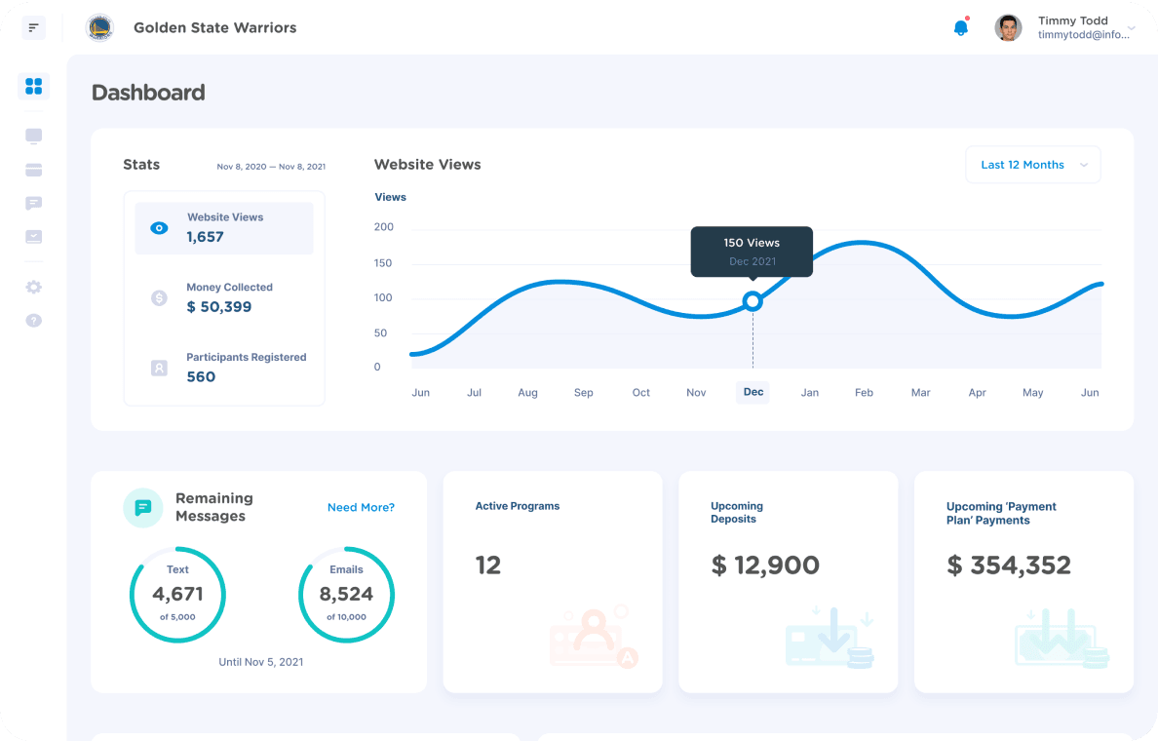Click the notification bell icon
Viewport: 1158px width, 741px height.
click(960, 27)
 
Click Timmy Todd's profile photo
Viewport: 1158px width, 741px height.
click(1008, 27)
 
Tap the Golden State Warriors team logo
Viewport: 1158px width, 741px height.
click(99, 27)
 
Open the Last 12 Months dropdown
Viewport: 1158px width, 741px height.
click(1032, 165)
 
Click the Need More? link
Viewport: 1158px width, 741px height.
click(361, 507)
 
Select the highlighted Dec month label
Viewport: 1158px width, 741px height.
click(753, 392)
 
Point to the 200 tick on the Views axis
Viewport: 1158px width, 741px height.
click(384, 227)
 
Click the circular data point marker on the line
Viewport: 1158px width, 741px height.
click(752, 301)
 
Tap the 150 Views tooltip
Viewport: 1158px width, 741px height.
click(752, 252)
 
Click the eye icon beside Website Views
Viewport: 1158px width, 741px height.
click(159, 228)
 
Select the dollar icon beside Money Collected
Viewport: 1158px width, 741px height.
click(159, 298)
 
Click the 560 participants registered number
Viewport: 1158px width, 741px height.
click(201, 377)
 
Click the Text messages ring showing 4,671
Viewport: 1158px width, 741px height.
click(177, 594)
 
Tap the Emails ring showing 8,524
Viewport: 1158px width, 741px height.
click(346, 594)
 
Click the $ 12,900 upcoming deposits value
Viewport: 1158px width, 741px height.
click(765, 565)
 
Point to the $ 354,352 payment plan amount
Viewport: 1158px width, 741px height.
click(1009, 565)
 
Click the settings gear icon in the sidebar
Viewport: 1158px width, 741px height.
click(34, 288)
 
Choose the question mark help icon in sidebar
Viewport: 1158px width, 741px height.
click(34, 321)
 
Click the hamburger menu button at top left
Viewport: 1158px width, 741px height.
click(34, 27)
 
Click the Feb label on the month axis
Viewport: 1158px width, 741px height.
click(864, 393)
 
